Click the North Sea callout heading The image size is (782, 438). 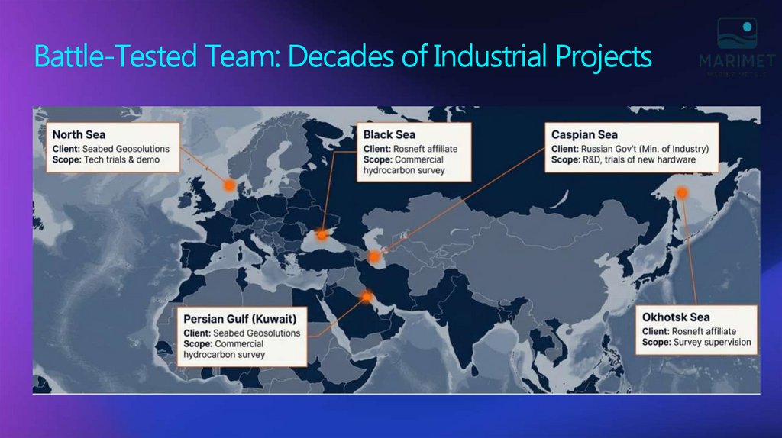[79, 134]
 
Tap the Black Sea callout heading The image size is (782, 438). [389, 134]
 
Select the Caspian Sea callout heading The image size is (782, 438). [585, 134]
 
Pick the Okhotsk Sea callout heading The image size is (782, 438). [676, 317]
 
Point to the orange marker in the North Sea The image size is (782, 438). [228, 185]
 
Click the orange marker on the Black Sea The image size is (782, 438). [322, 233]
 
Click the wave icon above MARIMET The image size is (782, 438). [736, 34]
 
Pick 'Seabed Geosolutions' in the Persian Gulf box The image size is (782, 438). [257, 333]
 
